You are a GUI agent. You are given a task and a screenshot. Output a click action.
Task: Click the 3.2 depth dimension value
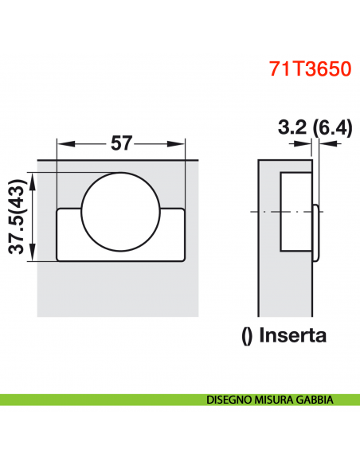click(293, 127)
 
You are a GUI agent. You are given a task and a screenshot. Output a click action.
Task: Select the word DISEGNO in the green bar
click(230, 400)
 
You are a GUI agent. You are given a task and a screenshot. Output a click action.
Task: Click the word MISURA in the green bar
click(276, 400)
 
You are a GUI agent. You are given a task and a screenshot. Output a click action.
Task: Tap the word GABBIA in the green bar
click(315, 400)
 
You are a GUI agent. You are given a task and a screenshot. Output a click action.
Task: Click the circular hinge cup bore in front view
click(121, 211)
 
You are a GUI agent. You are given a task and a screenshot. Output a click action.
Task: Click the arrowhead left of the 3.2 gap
click(307, 145)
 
